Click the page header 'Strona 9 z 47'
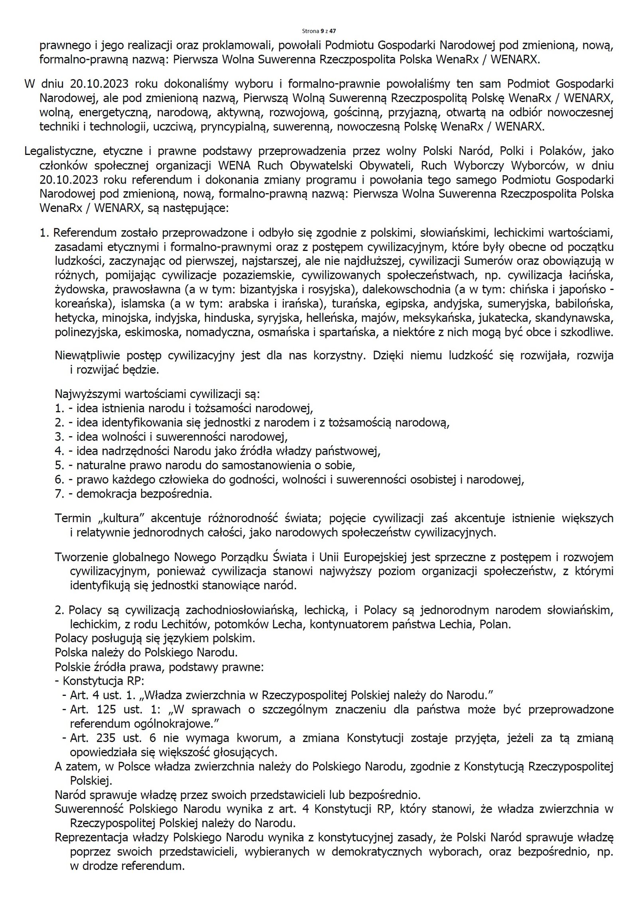pos(319,31)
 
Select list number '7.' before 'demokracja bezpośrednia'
pos(60,494)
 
